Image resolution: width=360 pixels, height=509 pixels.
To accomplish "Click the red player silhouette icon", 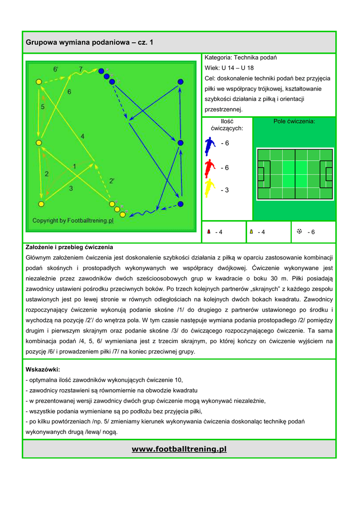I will pyautogui.click(x=209, y=168).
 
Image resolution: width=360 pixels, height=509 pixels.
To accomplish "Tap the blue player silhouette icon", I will pyautogui.click(x=209, y=146).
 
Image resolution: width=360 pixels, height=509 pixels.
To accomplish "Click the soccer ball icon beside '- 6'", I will pyautogui.click(x=299, y=232).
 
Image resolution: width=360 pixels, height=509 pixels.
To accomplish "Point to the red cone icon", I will pyautogui.click(x=209, y=232).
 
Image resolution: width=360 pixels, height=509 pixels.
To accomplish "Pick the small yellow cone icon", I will pyautogui.click(x=252, y=232).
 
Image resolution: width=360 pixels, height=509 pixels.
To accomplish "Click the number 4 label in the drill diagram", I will pyautogui.click(x=83, y=136).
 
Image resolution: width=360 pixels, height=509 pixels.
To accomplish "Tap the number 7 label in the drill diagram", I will pyautogui.click(x=81, y=69).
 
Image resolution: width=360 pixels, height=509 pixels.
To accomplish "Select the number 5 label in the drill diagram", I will pyautogui.click(x=43, y=107).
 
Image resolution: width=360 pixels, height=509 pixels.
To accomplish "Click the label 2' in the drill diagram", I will pyautogui.click(x=112, y=181).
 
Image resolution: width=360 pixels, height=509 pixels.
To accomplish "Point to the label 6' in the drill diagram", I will pyautogui.click(x=56, y=70).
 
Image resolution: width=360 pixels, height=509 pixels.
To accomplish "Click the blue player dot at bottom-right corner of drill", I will pyautogui.click(x=180, y=204).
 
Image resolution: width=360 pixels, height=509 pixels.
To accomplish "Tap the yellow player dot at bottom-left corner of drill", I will pyautogui.click(x=41, y=203).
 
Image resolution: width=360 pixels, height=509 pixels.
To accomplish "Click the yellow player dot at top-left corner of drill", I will pyautogui.click(x=39, y=82).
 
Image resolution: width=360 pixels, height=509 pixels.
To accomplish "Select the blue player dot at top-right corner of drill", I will pyautogui.click(x=180, y=82).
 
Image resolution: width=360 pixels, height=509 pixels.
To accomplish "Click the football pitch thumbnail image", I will pyautogui.click(x=295, y=174).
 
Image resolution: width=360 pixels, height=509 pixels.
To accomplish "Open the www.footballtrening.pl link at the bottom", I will pyautogui.click(x=179, y=449).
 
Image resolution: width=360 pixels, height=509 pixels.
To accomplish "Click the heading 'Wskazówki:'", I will pyautogui.click(x=43, y=370).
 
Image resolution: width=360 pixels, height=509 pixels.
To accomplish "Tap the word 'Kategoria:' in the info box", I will pyautogui.click(x=218, y=58).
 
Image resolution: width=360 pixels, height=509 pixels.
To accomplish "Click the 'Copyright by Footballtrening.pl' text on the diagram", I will pyautogui.click(x=73, y=220).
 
